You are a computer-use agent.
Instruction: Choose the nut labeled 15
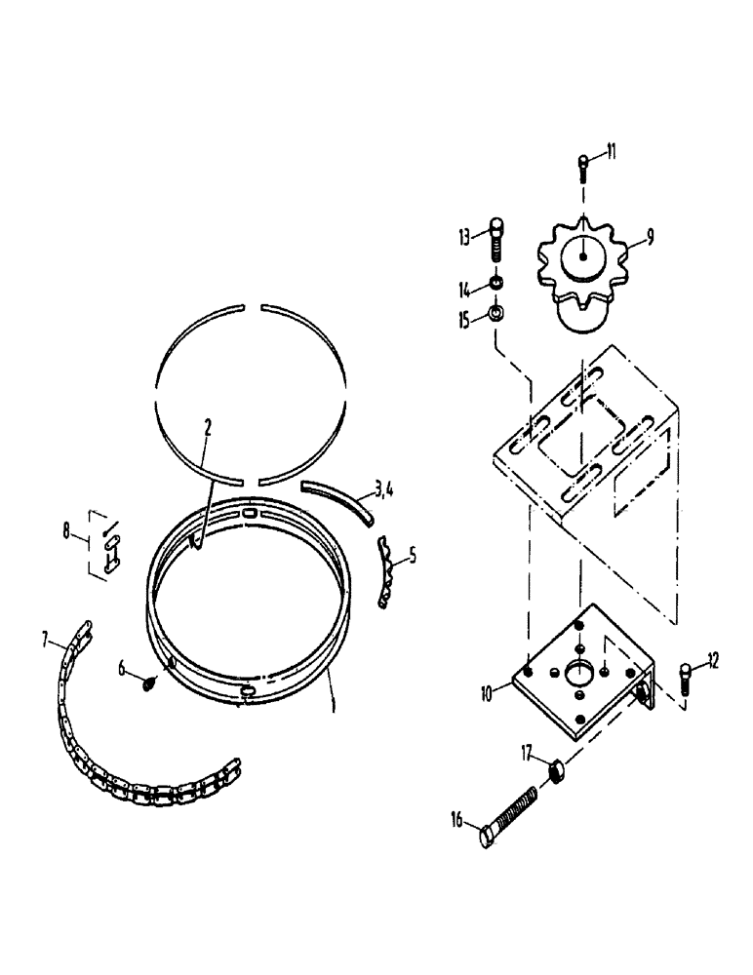tap(495, 314)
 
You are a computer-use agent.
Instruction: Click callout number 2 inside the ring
tap(207, 427)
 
